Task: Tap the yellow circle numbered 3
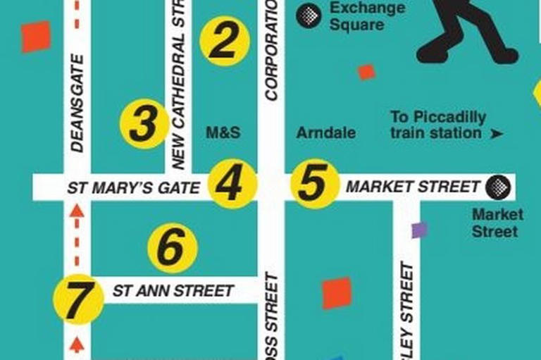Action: tap(144, 125)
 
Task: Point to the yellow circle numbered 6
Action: tap(172, 248)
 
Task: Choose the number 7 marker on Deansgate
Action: tap(78, 299)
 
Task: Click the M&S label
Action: tap(223, 132)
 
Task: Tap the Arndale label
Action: tap(325, 132)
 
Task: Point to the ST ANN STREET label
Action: tap(173, 290)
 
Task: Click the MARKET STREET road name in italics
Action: tap(413, 187)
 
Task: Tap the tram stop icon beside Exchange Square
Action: tap(309, 15)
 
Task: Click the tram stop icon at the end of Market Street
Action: tap(498, 187)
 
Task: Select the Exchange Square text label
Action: tap(367, 16)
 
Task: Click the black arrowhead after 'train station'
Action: tap(497, 133)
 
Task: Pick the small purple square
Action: tap(419, 230)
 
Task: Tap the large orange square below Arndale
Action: tap(337, 293)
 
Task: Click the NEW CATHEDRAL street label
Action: tap(178, 85)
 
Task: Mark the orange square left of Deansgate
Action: tap(35, 36)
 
